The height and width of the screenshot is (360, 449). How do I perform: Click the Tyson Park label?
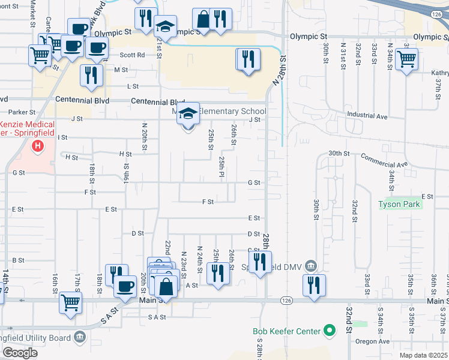[x=400, y=204]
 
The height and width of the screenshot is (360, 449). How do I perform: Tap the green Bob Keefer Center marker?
[x=329, y=330]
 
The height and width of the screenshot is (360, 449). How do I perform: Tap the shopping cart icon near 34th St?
[x=406, y=59]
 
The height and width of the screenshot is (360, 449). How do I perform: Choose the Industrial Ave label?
[x=367, y=115]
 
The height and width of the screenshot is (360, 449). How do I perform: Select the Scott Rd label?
[x=132, y=55]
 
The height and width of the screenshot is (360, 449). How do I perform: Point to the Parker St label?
[x=23, y=112]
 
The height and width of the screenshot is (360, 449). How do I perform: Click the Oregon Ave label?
[x=372, y=341]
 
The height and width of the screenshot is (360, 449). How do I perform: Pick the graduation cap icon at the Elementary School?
[x=188, y=113]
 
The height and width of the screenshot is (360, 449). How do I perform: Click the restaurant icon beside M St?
[x=91, y=75]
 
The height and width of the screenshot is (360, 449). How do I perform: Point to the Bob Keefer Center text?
[x=285, y=331]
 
